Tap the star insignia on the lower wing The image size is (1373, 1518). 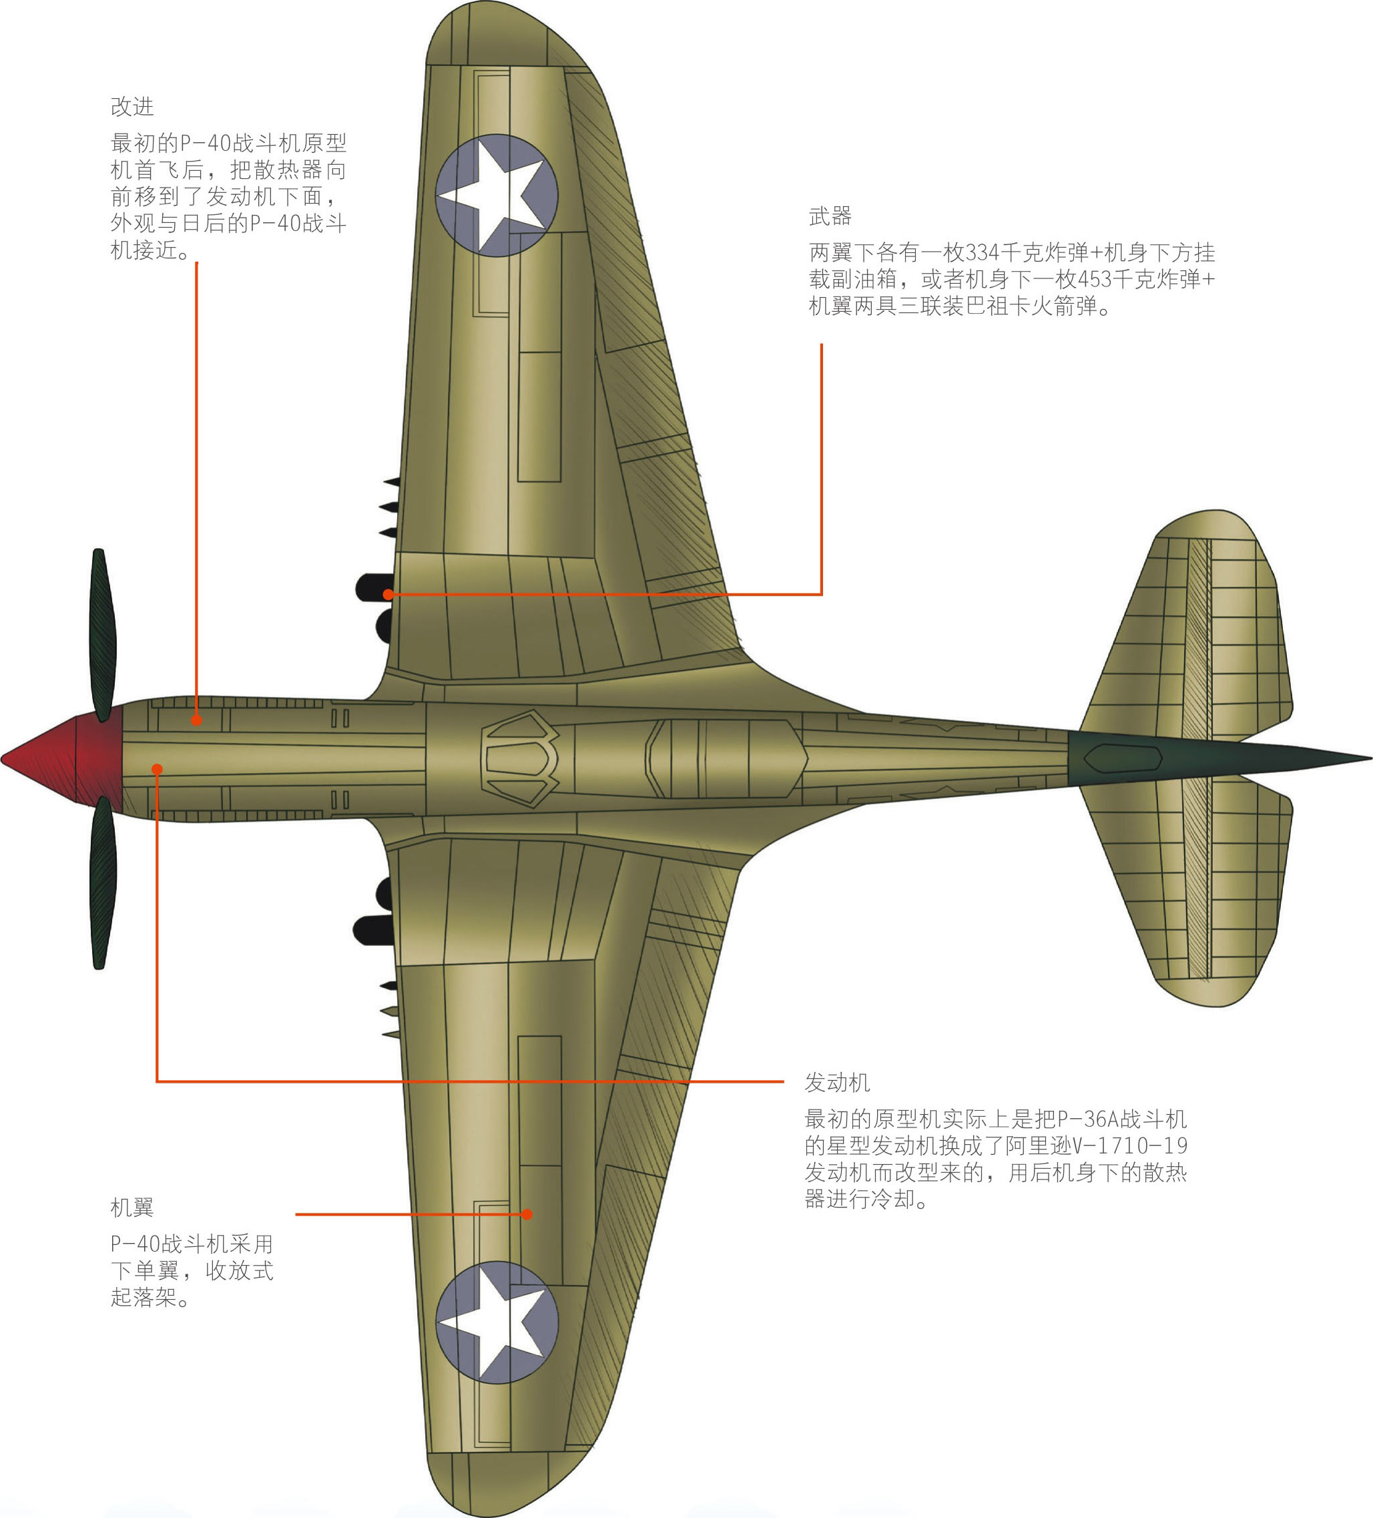tap(497, 1322)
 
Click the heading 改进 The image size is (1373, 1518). tap(132, 107)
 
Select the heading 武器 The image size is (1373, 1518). tap(830, 217)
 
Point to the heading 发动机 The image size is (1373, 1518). tap(837, 1083)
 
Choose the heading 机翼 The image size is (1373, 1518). tap(132, 1208)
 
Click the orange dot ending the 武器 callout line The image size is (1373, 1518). tap(388, 594)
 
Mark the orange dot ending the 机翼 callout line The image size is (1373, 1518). tap(527, 1214)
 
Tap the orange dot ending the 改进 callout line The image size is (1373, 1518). tap(196, 720)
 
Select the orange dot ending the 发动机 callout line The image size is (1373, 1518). tap(157, 769)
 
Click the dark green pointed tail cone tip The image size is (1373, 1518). tap(1355, 759)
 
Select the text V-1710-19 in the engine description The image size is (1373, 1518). tap(1130, 1146)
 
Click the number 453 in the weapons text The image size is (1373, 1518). tap(1095, 279)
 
